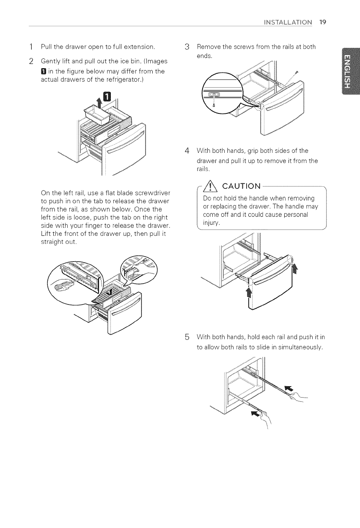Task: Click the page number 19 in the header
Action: pos(323,22)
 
